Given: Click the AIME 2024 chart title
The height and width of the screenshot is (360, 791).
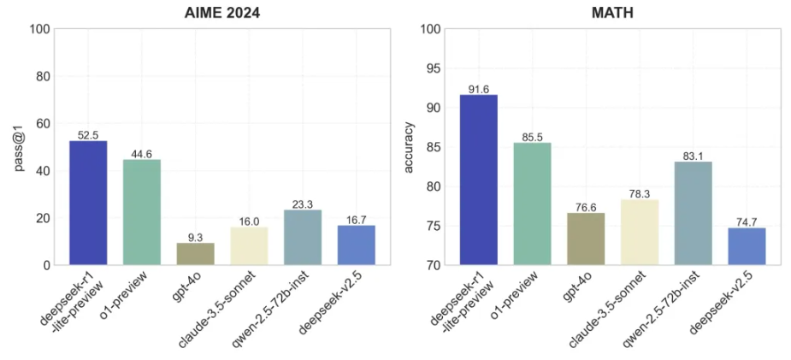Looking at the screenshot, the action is [x=222, y=13].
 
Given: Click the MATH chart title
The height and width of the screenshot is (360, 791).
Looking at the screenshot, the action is [x=612, y=13].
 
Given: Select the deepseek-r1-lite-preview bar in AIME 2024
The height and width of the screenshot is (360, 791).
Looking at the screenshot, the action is [x=88, y=203].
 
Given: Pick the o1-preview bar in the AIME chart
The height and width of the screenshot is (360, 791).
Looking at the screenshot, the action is [x=142, y=212].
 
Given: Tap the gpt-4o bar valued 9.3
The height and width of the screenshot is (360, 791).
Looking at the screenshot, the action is [x=195, y=254].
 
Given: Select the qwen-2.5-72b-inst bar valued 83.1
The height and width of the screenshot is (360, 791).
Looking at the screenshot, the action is [x=694, y=213].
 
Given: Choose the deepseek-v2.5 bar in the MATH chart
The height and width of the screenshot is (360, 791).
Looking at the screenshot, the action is [x=747, y=246].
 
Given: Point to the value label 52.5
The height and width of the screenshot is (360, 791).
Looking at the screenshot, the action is [x=88, y=135].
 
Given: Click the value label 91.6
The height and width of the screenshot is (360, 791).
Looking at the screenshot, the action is [x=479, y=89].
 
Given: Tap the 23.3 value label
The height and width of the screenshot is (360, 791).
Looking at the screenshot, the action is [x=303, y=204].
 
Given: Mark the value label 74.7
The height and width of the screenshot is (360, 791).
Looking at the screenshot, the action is [x=747, y=222].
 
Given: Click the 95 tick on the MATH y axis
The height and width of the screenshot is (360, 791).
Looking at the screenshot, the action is [x=436, y=68].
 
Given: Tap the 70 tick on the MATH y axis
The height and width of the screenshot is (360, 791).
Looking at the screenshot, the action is [x=436, y=265].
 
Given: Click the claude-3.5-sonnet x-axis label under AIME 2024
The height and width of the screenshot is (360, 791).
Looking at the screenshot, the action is [x=217, y=310].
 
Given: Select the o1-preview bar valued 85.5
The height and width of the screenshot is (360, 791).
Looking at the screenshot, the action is [x=532, y=204].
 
